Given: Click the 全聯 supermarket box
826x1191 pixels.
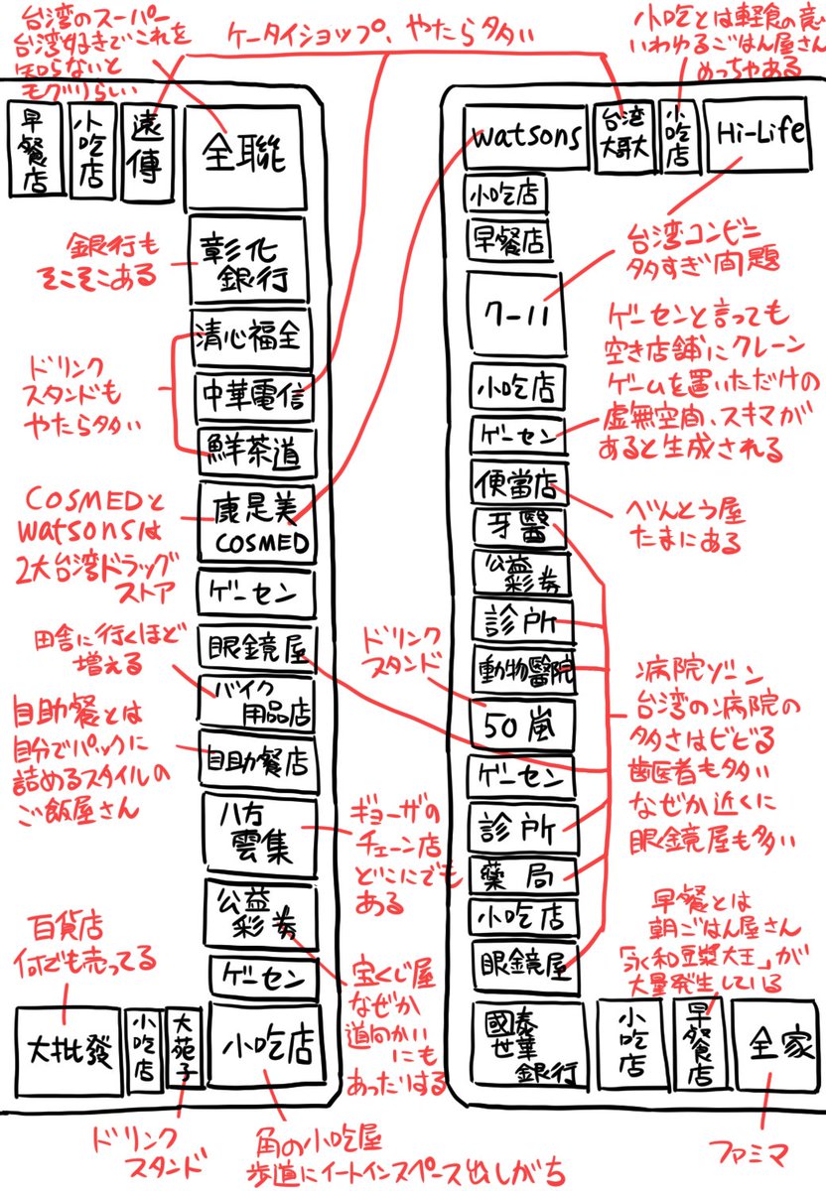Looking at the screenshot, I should click(x=244, y=154).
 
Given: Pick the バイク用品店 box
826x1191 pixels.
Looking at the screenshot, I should click(x=256, y=703).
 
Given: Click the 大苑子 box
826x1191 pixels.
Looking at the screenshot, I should click(x=186, y=1048).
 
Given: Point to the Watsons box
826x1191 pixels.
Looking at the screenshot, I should click(x=524, y=138).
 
